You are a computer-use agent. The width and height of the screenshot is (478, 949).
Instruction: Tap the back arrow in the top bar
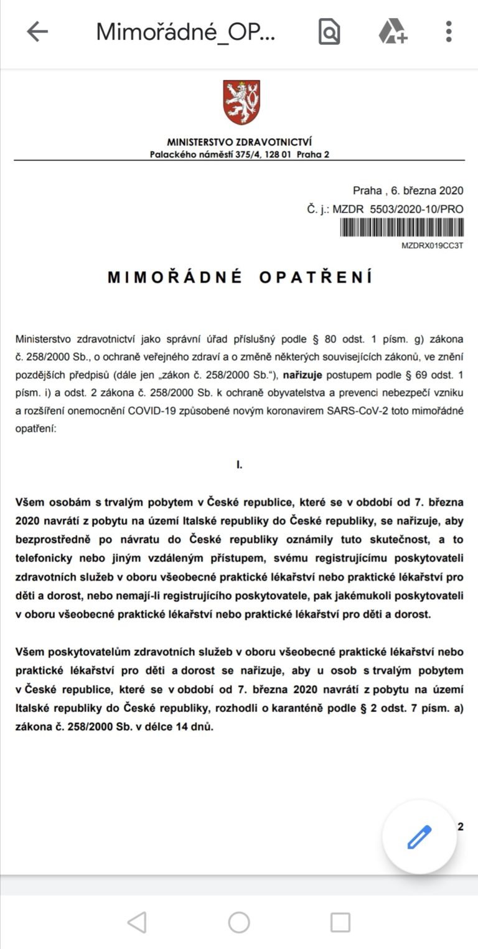click(x=37, y=31)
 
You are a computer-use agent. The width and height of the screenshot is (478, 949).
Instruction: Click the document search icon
click(x=329, y=31)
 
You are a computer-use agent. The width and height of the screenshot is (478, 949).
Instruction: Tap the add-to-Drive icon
click(x=393, y=31)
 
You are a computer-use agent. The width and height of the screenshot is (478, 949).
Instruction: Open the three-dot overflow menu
click(x=448, y=31)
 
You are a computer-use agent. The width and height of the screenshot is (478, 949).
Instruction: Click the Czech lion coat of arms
click(x=241, y=103)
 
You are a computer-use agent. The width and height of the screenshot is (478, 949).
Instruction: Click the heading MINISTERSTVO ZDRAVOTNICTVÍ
click(x=239, y=143)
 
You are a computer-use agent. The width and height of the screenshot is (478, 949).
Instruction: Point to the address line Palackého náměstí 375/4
click(x=240, y=154)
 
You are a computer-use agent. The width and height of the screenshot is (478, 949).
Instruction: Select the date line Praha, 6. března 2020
click(x=408, y=190)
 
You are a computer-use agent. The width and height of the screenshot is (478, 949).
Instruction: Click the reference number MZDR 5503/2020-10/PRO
click(x=398, y=209)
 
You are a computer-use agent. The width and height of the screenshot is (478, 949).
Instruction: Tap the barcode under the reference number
click(x=401, y=228)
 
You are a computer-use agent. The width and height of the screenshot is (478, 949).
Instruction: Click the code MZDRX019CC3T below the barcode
click(x=433, y=245)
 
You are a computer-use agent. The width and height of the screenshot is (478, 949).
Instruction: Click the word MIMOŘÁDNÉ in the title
click(x=175, y=278)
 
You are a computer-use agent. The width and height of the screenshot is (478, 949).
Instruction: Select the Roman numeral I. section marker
click(x=239, y=465)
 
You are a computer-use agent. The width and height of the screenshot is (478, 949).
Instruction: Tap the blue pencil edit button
click(x=419, y=837)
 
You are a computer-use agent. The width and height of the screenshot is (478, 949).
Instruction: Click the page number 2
click(x=461, y=827)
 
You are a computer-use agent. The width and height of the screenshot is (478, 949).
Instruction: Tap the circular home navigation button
click(x=239, y=922)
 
